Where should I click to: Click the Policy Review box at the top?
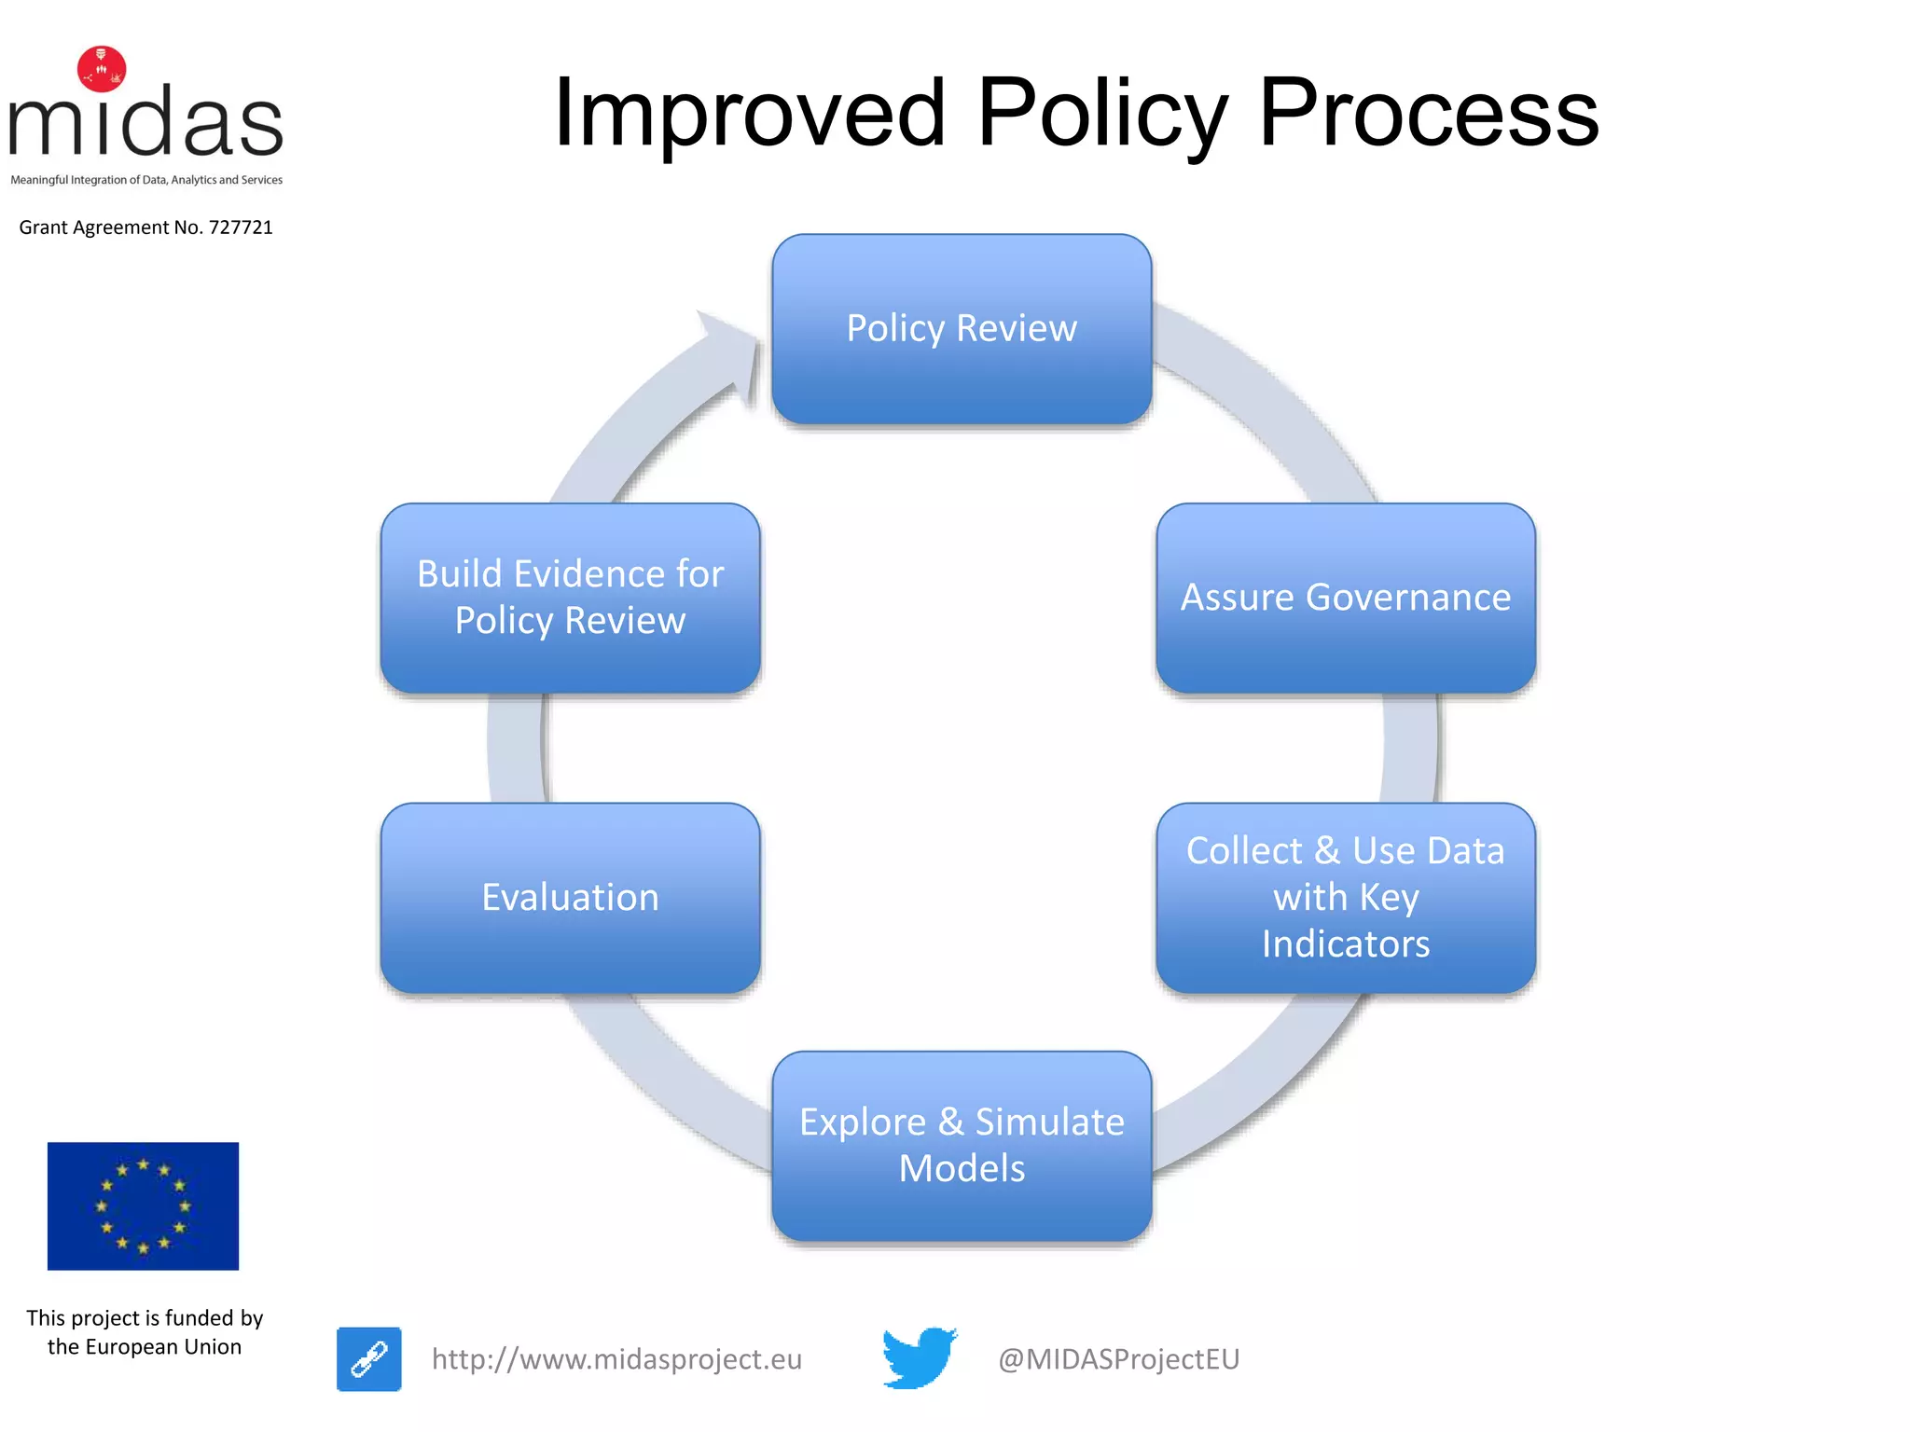click(x=962, y=329)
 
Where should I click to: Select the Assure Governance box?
click(x=1345, y=598)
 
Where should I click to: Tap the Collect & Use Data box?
click(x=1345, y=897)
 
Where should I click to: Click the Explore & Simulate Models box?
click(x=962, y=1145)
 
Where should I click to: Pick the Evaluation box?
click(x=570, y=897)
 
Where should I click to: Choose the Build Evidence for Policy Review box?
click(x=570, y=598)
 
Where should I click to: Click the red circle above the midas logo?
click(x=102, y=69)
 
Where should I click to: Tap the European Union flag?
click(x=143, y=1205)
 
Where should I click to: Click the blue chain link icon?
click(x=369, y=1358)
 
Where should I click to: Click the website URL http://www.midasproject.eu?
click(x=616, y=1359)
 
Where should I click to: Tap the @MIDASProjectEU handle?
click(x=1118, y=1359)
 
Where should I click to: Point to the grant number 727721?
click(x=241, y=227)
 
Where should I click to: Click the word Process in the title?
click(x=1428, y=114)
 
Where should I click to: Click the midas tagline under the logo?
click(x=146, y=180)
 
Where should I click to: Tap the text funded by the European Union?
click(x=145, y=1332)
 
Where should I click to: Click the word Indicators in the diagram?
click(x=1345, y=944)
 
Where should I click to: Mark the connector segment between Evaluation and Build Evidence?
click(x=516, y=748)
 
